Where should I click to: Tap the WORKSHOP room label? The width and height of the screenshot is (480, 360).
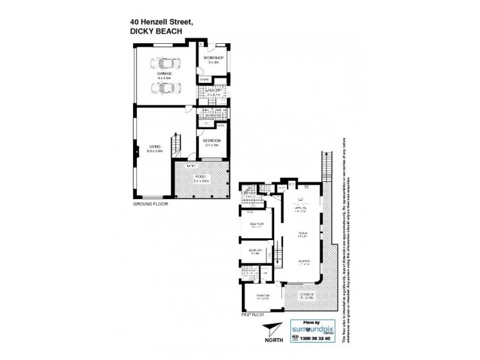pos(212,58)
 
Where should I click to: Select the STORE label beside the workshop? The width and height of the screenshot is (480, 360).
pos(204,79)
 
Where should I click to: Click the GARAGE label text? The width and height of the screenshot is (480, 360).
pos(164,74)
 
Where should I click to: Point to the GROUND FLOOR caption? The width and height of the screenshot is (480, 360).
pos(150,205)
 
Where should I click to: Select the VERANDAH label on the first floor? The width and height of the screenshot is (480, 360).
pos(307,296)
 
